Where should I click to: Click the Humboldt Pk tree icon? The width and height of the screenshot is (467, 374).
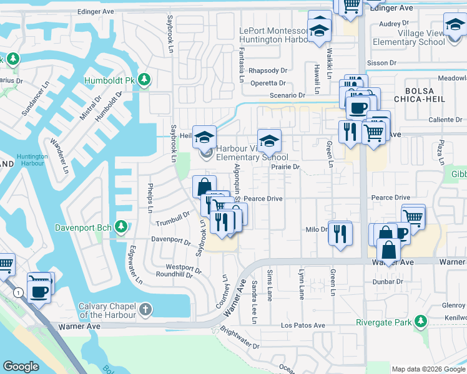click(144, 80)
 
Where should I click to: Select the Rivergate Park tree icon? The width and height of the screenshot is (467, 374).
click(421, 322)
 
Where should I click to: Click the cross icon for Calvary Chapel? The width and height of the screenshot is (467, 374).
click(145, 309)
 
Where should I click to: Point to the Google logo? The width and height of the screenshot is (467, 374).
click(21, 367)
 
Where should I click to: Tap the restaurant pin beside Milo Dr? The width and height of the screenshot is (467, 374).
click(340, 234)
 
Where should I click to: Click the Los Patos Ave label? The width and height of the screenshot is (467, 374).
click(303, 325)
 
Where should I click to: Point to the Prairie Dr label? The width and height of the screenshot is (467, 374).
click(287, 167)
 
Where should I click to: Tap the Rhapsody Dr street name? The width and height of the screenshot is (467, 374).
click(267, 70)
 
